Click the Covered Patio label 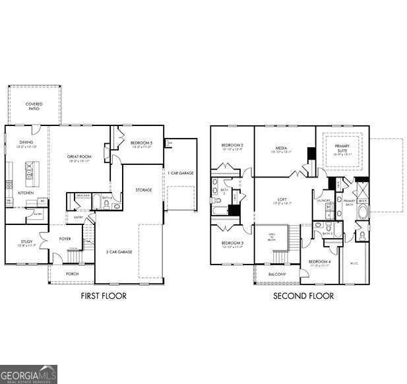(34, 106)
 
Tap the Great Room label (78, 157)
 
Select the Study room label (26, 242)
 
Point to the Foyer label (65, 239)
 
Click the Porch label (72, 273)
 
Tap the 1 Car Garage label (180, 173)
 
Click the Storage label (144, 190)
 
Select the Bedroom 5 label (141, 143)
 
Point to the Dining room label (26, 142)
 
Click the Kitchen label (26, 193)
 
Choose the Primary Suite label (343, 146)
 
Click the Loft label (282, 199)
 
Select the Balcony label (277, 274)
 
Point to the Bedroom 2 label (232, 144)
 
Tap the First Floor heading (104, 296)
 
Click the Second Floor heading (303, 296)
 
